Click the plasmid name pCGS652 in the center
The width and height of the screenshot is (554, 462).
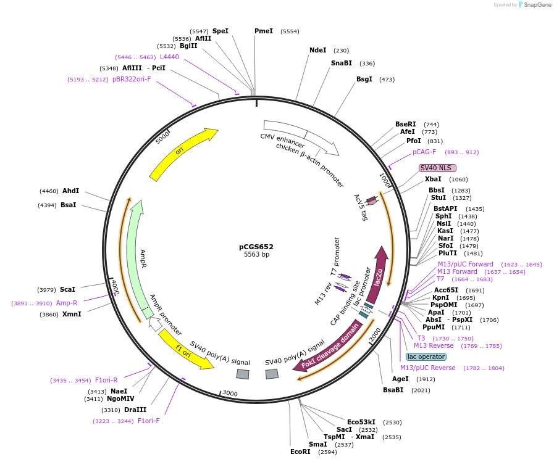256,247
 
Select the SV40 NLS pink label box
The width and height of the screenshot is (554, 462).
437,168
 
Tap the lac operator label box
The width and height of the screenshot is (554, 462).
426,357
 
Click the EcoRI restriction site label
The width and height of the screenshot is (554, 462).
301,452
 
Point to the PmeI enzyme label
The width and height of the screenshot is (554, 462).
264,31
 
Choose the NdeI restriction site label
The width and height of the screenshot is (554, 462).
317,51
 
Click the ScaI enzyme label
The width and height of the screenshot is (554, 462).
68,289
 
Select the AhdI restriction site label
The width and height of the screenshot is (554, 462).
71,191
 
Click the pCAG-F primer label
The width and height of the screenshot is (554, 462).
424,152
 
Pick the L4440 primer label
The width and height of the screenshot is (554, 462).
169,57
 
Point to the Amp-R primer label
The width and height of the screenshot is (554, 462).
67,303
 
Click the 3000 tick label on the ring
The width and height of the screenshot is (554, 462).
230,394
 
